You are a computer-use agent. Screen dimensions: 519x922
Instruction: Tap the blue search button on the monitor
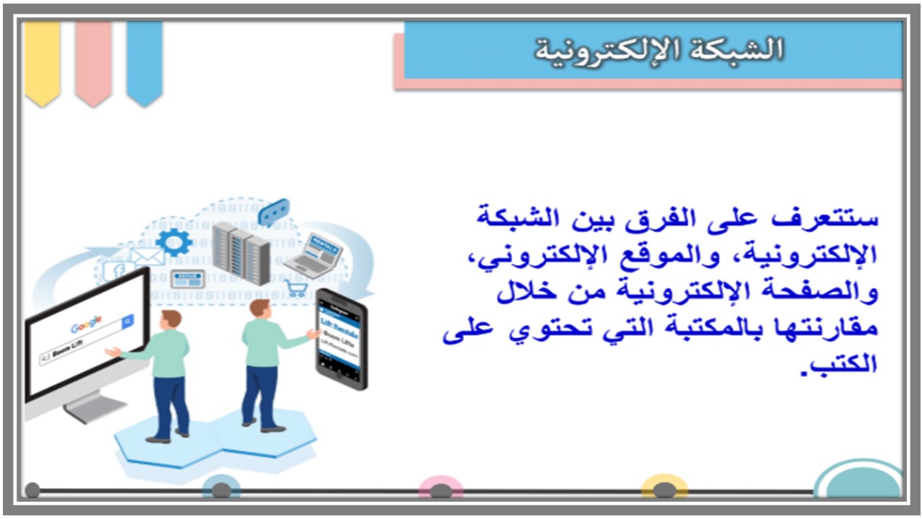[127, 321]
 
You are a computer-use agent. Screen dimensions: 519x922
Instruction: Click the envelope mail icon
[148, 257]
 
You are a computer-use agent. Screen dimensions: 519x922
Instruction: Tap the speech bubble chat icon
[274, 212]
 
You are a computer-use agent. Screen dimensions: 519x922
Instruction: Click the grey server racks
[241, 252]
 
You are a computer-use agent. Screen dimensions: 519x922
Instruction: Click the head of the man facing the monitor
[171, 319]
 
